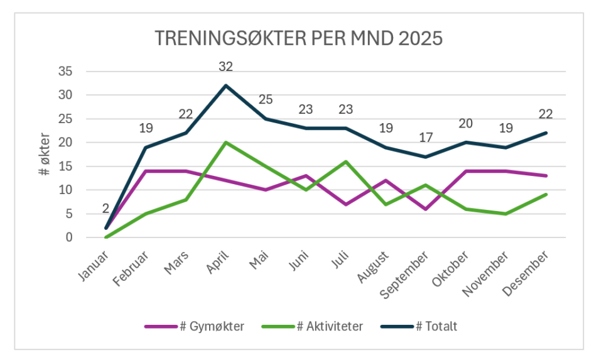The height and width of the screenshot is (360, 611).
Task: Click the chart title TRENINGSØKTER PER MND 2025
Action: [x=299, y=38]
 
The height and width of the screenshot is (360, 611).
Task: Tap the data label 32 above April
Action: [x=225, y=67]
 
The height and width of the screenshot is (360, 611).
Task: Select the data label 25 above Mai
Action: [x=266, y=99]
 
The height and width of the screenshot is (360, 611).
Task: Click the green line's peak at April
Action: [x=225, y=143]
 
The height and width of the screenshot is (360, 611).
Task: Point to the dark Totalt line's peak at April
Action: [x=225, y=85]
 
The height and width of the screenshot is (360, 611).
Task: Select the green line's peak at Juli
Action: [x=345, y=161]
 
